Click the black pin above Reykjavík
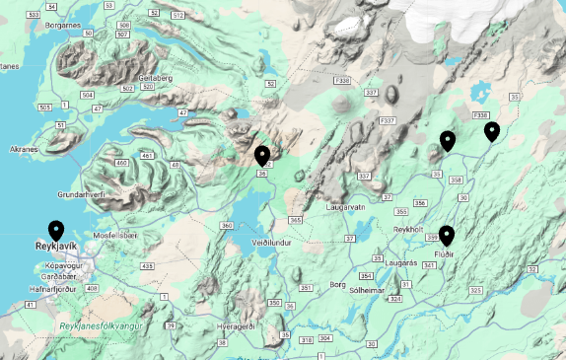click(x=56, y=232)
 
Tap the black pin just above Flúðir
click(x=447, y=235)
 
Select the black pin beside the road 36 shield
click(x=262, y=155)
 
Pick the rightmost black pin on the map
click(x=491, y=131)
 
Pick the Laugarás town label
click(x=403, y=263)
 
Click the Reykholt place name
click(x=407, y=228)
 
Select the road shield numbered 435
click(x=147, y=266)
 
